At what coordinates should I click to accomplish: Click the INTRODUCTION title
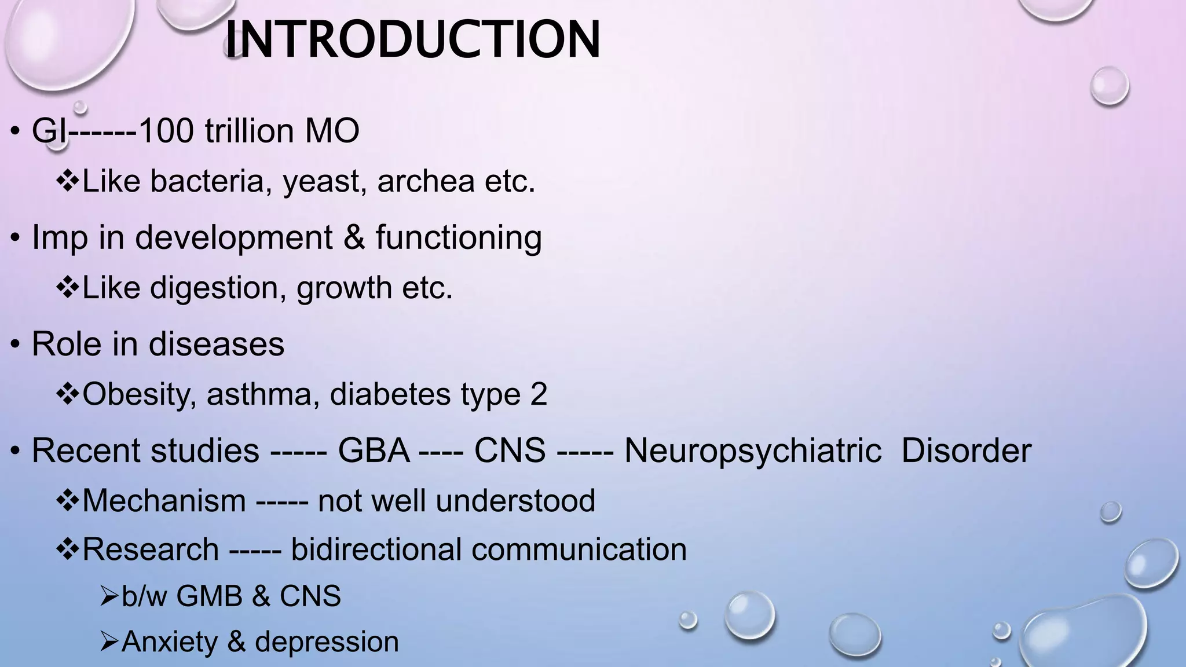pyautogui.click(x=412, y=39)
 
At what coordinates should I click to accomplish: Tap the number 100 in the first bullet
pyautogui.click(x=166, y=130)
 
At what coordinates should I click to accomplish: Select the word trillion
pyautogui.click(x=249, y=130)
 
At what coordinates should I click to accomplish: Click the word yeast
pyautogui.click(x=324, y=182)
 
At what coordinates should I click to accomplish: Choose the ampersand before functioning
pyautogui.click(x=354, y=237)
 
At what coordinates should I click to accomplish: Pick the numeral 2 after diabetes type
pyautogui.click(x=538, y=394)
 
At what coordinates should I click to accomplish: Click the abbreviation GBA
pyautogui.click(x=374, y=450)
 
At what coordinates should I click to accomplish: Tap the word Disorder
pyautogui.click(x=966, y=450)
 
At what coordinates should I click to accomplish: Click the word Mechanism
pyautogui.click(x=164, y=500)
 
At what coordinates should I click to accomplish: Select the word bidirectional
pyautogui.click(x=376, y=549)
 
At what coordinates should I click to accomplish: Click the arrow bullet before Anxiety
pyautogui.click(x=109, y=642)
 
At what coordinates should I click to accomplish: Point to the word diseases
pyautogui.click(x=217, y=344)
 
